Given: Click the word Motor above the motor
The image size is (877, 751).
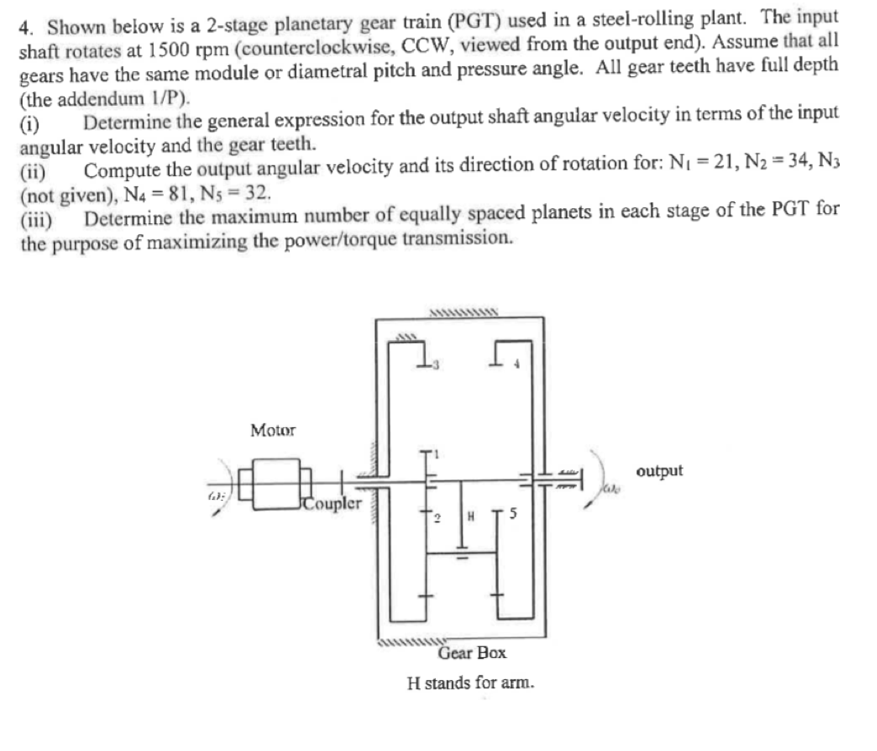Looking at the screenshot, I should [273, 430].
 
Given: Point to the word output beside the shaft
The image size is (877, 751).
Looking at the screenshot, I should [658, 471].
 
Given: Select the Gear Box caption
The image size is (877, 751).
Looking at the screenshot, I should [472, 653].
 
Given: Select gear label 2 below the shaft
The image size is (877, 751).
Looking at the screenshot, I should [439, 517].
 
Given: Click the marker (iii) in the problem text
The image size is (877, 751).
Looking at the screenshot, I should [35, 219].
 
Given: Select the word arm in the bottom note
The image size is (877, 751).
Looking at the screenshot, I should [518, 682].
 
